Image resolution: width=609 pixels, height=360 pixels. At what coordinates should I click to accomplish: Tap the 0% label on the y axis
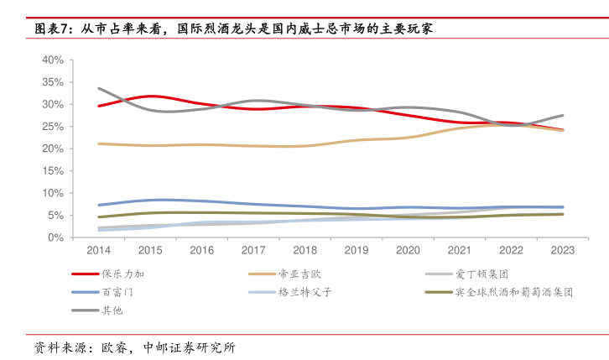pyautogui.click(x=56, y=237)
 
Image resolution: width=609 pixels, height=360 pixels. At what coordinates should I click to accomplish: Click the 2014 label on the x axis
pyautogui.click(x=98, y=250)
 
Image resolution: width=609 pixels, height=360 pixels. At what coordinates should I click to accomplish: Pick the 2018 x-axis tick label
pyautogui.click(x=304, y=250)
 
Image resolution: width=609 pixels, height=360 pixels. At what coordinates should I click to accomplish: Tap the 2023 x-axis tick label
pyautogui.click(x=562, y=250)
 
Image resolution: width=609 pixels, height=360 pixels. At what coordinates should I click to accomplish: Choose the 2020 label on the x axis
pyautogui.click(x=408, y=250)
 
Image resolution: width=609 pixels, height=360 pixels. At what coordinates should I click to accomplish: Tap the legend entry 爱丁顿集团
pyautogui.click(x=482, y=274)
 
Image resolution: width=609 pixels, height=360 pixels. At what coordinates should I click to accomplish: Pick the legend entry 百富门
pyautogui.click(x=117, y=292)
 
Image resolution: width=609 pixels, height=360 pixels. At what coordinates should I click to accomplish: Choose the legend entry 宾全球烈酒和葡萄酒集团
pyautogui.click(x=514, y=292)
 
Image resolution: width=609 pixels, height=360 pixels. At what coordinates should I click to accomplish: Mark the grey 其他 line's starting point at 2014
pyautogui.click(x=99, y=88)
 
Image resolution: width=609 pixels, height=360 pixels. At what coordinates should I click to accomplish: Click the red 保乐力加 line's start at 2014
pyautogui.click(x=99, y=106)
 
